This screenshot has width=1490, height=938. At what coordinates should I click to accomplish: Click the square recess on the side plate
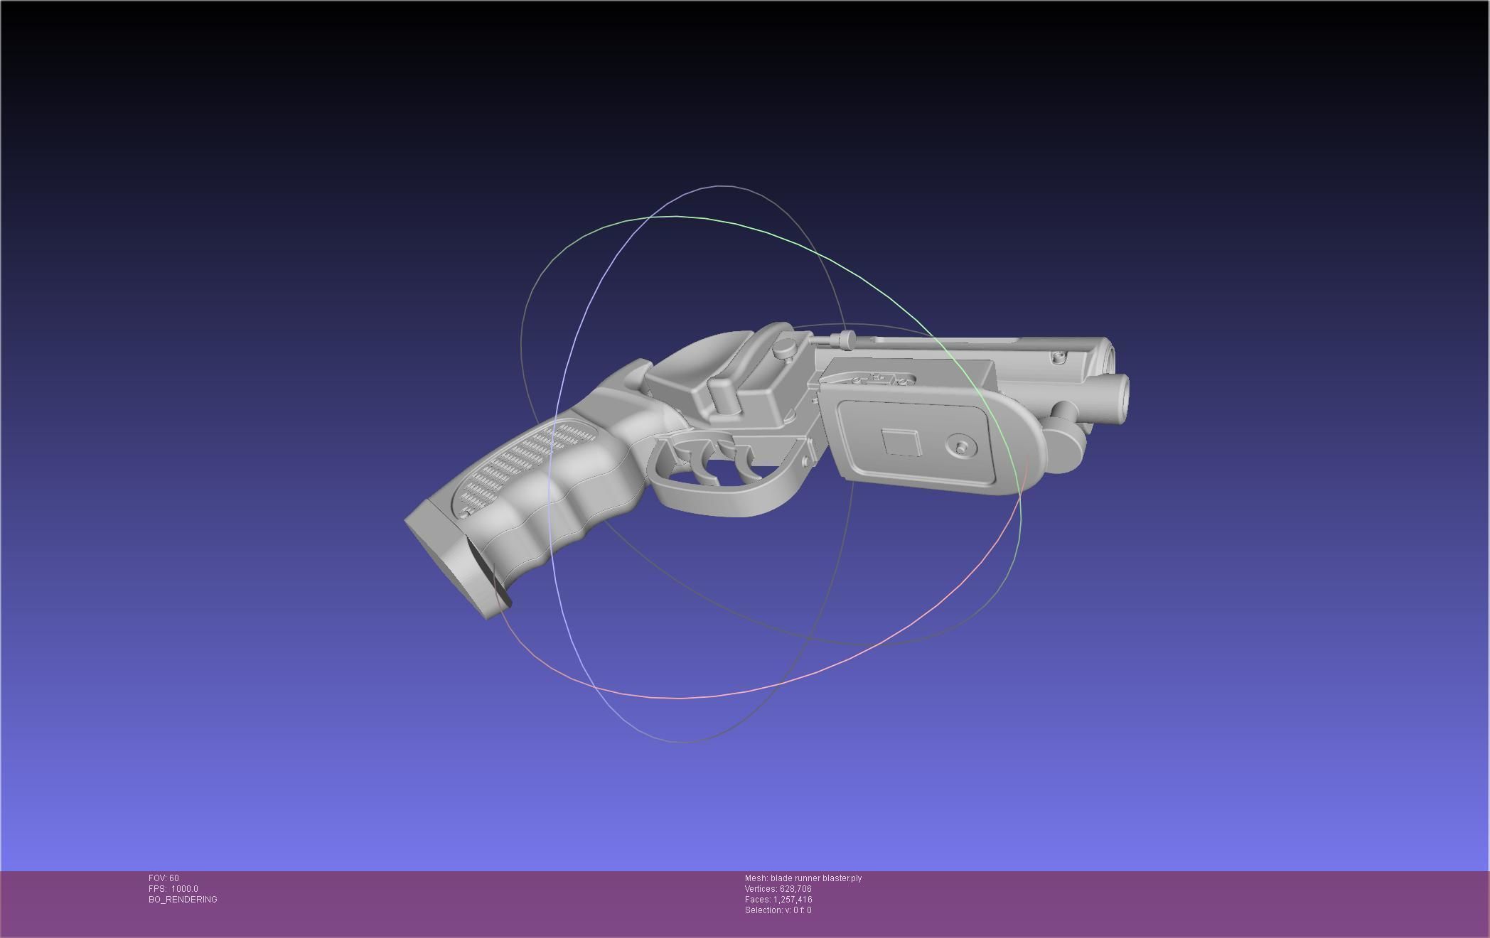click(901, 443)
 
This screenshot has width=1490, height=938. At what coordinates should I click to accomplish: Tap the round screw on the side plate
click(961, 447)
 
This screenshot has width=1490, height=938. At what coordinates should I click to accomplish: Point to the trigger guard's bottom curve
click(718, 506)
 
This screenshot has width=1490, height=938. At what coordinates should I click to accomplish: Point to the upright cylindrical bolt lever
click(720, 394)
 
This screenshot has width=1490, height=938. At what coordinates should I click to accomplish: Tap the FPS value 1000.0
click(184, 889)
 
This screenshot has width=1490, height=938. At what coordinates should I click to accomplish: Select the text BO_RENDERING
click(183, 900)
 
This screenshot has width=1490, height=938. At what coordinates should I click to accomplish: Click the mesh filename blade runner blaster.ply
click(815, 878)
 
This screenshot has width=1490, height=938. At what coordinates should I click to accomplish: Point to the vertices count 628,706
click(795, 889)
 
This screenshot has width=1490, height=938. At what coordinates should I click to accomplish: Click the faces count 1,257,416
click(793, 900)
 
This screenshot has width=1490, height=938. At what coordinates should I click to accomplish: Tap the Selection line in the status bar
click(778, 910)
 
